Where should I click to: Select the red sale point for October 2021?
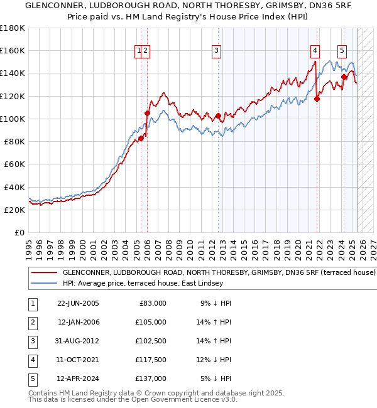point(317,99)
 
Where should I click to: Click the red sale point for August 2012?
point(218,115)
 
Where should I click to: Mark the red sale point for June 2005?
point(141,138)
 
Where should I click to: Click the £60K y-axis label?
point(14,164)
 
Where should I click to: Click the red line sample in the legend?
point(43,273)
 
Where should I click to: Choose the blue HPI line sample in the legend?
point(43,283)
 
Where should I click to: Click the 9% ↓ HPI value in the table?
point(216,303)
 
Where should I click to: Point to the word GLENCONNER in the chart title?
point(40,6)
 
